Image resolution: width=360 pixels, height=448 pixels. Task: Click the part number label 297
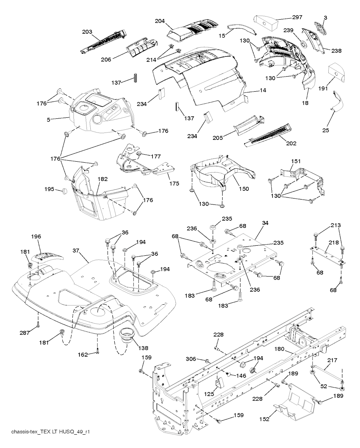297,17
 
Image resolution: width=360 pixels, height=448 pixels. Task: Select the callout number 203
87,32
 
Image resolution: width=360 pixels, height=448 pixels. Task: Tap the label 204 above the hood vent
160,21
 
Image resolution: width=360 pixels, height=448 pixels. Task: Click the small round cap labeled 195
65,191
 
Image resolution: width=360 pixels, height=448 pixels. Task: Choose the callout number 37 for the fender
76,251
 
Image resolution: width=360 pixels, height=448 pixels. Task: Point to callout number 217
332,360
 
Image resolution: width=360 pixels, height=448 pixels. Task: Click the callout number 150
244,189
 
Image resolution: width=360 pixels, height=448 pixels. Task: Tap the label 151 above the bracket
296,161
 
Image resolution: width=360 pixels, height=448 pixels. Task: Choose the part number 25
326,130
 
